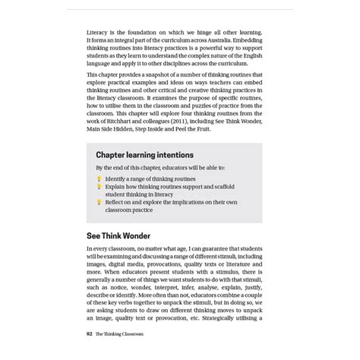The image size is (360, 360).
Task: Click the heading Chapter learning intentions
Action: pos(144,154)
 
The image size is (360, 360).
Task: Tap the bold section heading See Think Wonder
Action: pos(118,235)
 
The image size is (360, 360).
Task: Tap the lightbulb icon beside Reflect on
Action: pos(99,203)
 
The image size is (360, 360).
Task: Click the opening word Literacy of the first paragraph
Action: pos(99,34)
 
